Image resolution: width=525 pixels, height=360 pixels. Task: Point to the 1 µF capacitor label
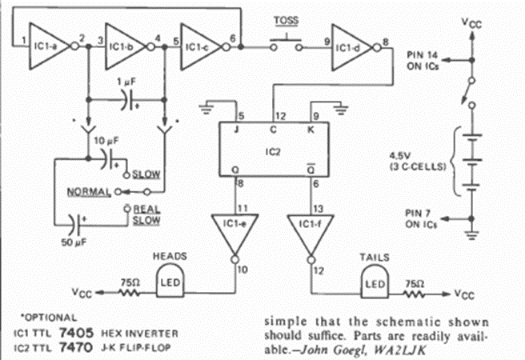pos(126,84)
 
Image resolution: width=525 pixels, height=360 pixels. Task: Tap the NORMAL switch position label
pos(89,192)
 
